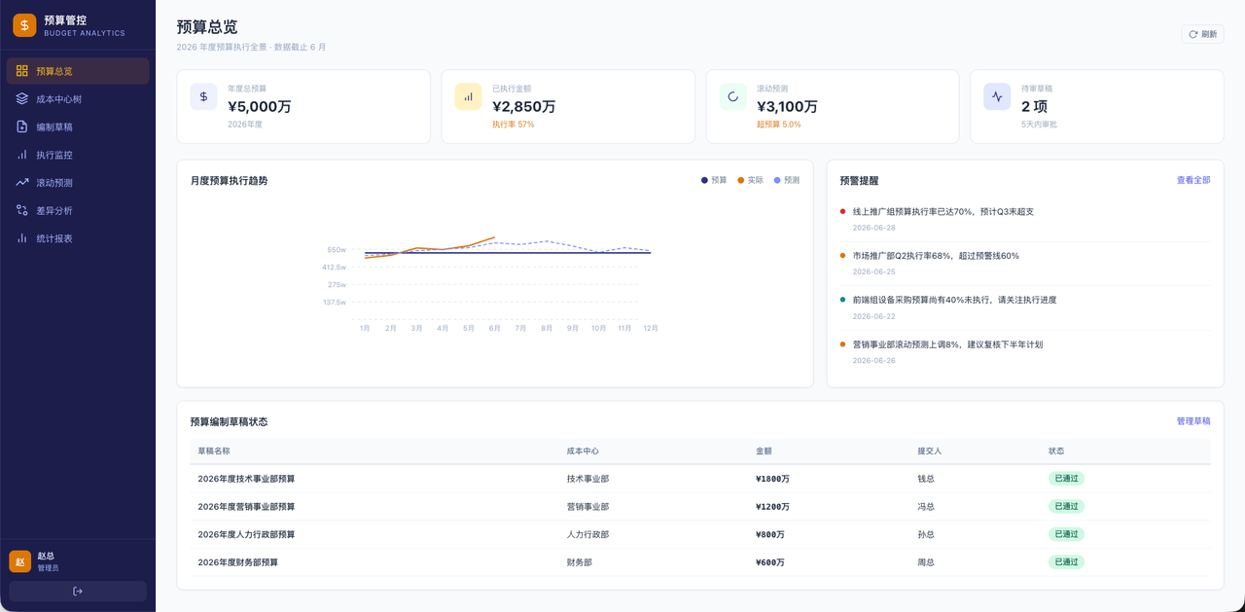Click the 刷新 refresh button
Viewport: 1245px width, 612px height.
click(1202, 34)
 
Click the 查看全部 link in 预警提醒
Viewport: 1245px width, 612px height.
click(1193, 180)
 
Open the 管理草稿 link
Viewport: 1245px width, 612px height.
click(1193, 421)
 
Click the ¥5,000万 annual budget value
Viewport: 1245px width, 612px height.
click(260, 106)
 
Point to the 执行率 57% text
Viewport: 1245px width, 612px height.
click(513, 125)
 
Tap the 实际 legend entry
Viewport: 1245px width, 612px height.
click(750, 180)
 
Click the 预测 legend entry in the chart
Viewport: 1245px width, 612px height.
click(787, 180)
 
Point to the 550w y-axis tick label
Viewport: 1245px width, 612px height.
click(337, 250)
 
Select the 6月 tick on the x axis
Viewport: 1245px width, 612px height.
click(495, 329)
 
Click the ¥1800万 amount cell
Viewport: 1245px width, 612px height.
click(772, 479)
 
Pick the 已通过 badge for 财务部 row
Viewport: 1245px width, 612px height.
click(1066, 562)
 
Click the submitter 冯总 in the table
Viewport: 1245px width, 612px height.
click(926, 506)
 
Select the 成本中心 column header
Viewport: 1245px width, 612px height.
click(583, 450)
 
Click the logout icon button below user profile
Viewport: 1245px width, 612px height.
click(78, 591)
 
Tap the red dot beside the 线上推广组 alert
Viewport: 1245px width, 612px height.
click(842, 211)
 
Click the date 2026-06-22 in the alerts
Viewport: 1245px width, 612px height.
click(873, 316)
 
